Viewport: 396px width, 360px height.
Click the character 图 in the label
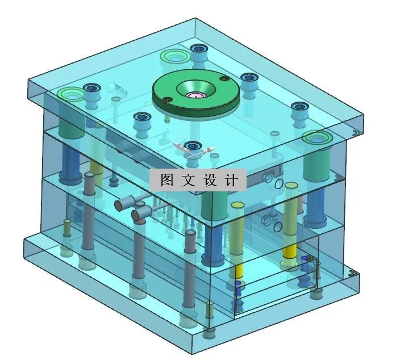(x=166, y=180)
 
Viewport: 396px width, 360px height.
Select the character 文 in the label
(x=187, y=180)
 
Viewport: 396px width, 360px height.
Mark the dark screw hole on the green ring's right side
(x=224, y=79)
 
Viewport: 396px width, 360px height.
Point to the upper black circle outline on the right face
(x=277, y=184)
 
